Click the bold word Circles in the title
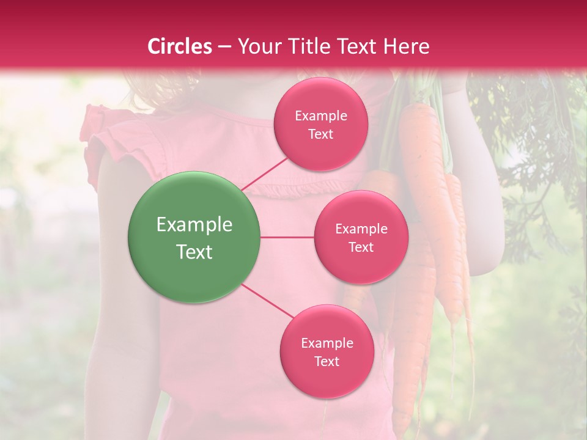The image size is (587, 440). tap(180, 46)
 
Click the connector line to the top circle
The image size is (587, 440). tap(264, 174)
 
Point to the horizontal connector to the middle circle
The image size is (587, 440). tap(287, 237)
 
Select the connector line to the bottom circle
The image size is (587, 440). tap(267, 301)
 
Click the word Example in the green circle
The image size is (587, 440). tap(194, 225)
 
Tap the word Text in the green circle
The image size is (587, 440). tap(194, 252)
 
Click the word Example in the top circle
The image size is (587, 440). tap(321, 116)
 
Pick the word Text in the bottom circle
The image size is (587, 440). tap(327, 362)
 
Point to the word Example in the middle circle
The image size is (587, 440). tap(361, 229)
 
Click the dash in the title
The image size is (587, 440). tap(224, 47)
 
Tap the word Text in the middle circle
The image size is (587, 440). tap(361, 248)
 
